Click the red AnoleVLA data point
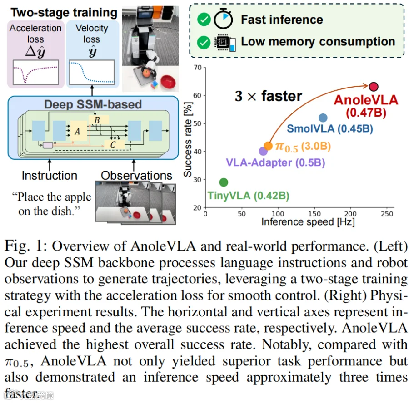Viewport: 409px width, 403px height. [x=374, y=87]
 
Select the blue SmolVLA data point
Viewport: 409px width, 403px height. [x=323, y=118]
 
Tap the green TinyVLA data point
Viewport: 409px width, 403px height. [x=224, y=182]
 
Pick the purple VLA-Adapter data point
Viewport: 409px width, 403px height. [x=263, y=151]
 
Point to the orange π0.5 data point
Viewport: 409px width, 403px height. [x=268, y=146]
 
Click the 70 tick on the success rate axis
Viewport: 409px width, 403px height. [x=198, y=68]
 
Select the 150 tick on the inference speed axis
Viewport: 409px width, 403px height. [x=314, y=214]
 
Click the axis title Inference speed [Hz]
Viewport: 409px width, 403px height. [x=308, y=222]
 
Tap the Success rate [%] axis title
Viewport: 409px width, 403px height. [x=188, y=139]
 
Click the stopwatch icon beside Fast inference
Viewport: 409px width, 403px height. [x=223, y=19]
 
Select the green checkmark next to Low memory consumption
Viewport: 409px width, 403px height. [x=204, y=43]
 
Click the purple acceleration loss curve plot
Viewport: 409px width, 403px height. [x=36, y=72]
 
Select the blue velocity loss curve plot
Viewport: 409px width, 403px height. [x=92, y=72]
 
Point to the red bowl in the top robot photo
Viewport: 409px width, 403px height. [x=168, y=81]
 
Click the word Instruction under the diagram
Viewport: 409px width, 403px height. [x=50, y=176]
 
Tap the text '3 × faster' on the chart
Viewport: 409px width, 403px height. [x=269, y=96]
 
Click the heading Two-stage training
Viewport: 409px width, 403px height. [x=64, y=13]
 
